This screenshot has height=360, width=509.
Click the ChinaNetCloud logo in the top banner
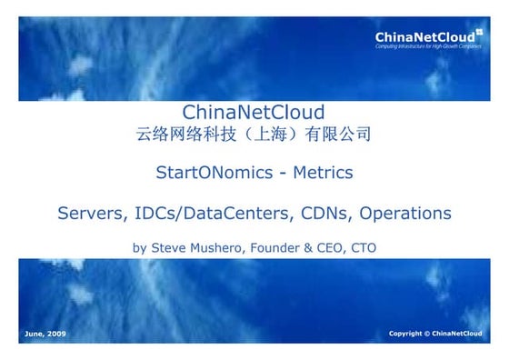click(426, 37)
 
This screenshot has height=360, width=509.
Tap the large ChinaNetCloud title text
click(254, 113)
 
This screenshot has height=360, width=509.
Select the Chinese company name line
click(254, 135)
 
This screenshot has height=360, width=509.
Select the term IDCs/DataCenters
click(210, 214)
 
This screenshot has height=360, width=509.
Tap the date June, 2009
click(44, 334)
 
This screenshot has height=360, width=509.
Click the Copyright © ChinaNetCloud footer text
click(435, 334)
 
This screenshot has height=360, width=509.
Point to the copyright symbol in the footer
click(424, 334)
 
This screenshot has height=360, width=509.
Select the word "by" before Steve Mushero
click(140, 247)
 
